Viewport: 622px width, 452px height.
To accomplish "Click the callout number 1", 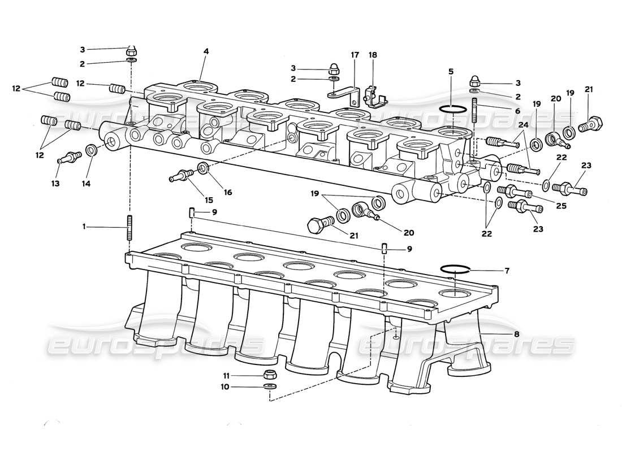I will [84, 227].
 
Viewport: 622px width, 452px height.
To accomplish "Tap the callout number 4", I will [206, 51].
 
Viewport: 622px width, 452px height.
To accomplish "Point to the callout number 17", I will [355, 55].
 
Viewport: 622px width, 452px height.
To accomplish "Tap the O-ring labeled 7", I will [455, 268].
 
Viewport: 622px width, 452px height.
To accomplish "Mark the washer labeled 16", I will [203, 167].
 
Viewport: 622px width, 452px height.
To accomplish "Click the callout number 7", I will [507, 271].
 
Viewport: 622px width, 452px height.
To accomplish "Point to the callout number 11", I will [226, 375].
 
